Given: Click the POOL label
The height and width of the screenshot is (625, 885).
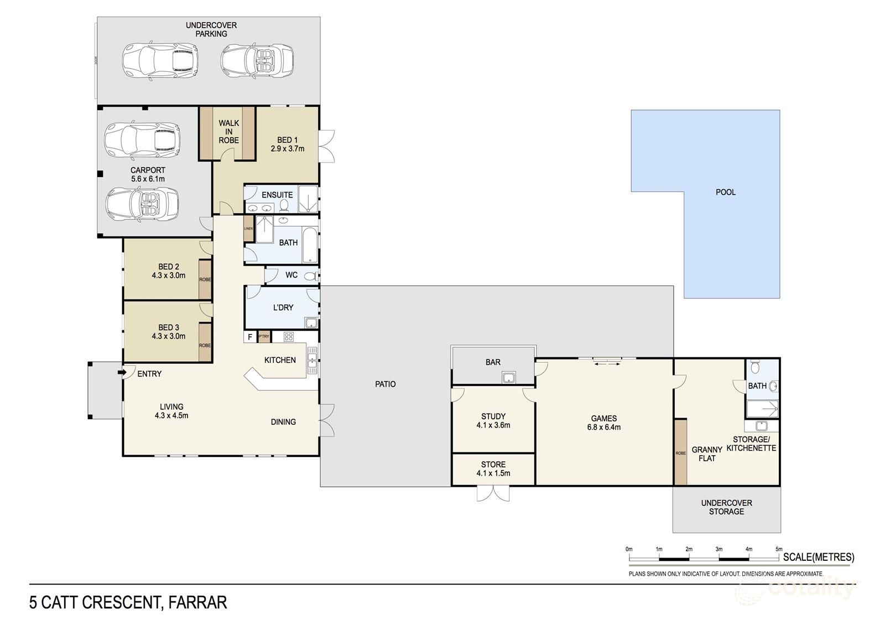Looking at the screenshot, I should tap(726, 192).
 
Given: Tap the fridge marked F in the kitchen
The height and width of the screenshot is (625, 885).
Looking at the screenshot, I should tap(250, 336).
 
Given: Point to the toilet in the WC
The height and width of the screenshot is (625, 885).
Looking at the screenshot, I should tap(311, 275).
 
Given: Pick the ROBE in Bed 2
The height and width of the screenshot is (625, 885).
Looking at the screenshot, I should tap(205, 279).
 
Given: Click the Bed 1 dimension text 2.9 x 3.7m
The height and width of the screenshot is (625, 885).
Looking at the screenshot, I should tap(288, 149).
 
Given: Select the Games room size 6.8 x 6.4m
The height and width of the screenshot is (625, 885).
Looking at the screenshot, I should tap(603, 427).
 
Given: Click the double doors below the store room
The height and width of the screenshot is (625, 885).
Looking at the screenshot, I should tap(493, 493).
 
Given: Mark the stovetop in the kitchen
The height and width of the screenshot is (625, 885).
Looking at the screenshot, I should tap(289, 336).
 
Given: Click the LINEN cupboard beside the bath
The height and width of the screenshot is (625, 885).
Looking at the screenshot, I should tap(248, 228).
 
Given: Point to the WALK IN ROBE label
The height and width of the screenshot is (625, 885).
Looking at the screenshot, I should tap(228, 132).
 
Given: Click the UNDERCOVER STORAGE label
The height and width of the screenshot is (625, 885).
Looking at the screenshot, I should tap(726, 507).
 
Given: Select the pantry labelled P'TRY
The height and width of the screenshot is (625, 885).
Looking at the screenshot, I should tap(264, 336).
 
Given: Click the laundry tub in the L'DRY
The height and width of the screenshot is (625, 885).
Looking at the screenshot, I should tap(311, 324).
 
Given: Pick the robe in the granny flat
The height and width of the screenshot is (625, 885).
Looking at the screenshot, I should tap(680, 452).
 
